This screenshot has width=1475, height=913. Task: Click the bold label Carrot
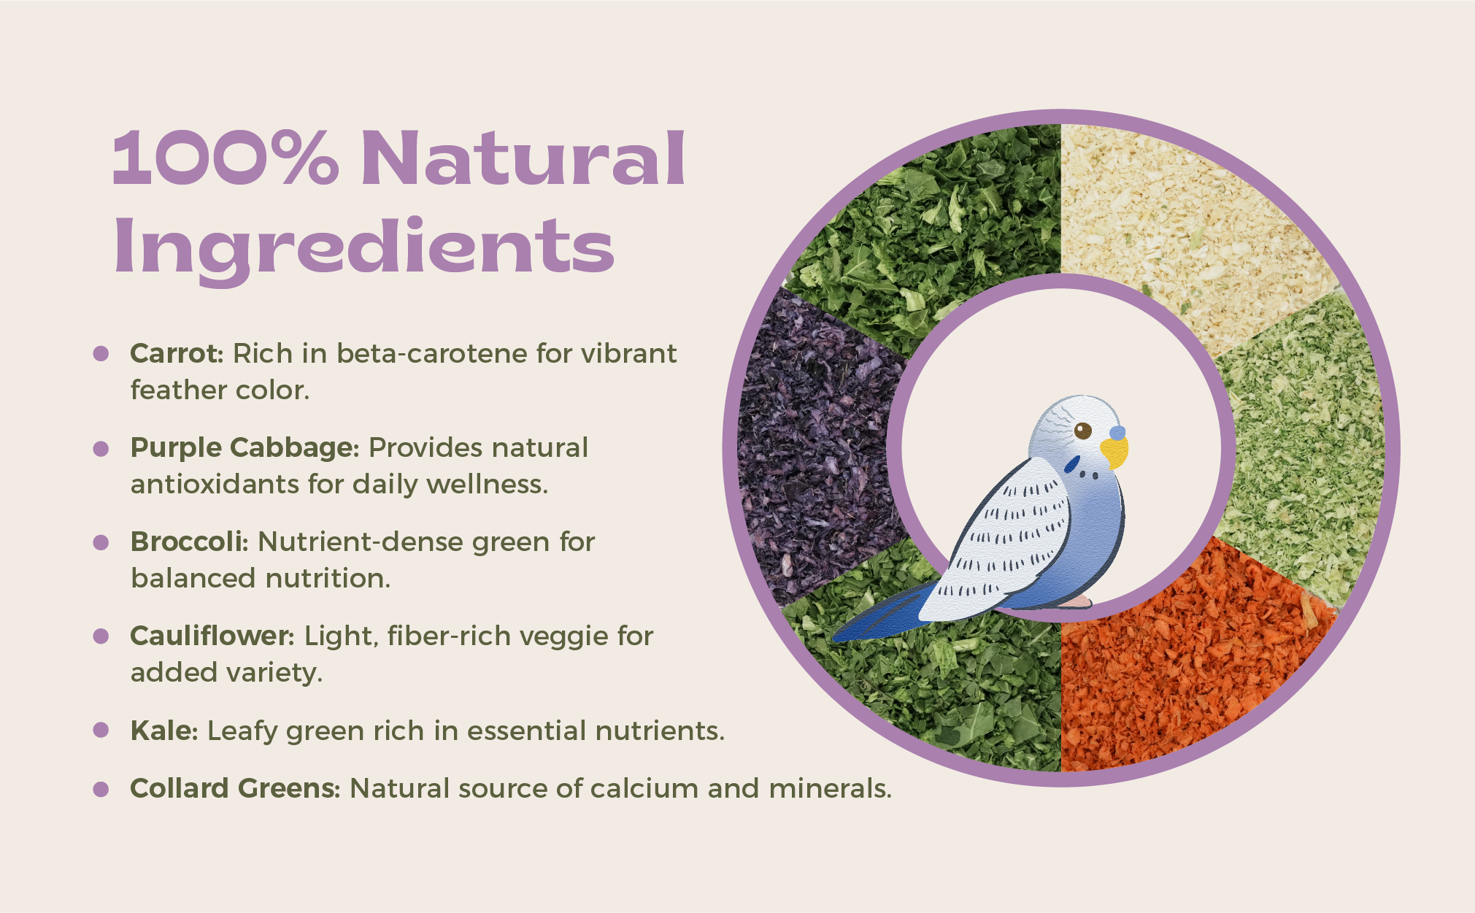176,353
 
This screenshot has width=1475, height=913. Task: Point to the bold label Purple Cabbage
244,448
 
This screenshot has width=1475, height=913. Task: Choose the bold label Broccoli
189,542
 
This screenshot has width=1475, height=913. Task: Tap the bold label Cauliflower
212,636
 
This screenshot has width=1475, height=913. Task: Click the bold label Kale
163,730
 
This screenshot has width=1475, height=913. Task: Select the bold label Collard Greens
234,788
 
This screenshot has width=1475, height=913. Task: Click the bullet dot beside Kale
101,730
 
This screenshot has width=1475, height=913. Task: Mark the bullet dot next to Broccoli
101,542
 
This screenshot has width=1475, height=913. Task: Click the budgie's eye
1083,431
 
